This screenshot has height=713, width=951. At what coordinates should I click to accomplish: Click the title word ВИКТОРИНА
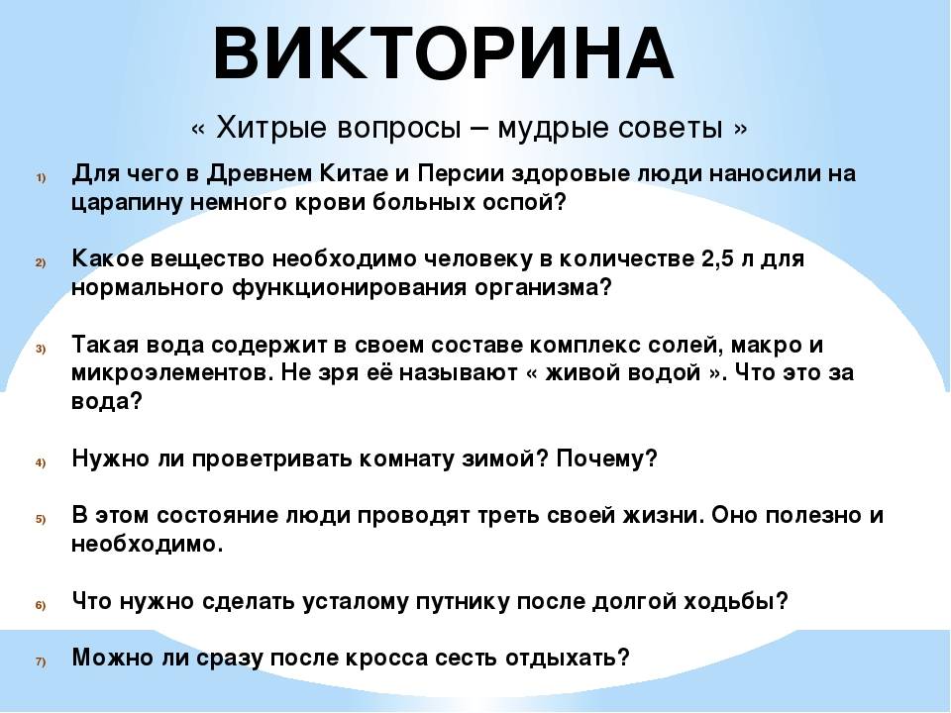[444, 53]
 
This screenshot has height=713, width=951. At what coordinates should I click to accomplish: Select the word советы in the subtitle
[671, 128]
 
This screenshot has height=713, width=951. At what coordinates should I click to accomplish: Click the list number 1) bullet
[41, 177]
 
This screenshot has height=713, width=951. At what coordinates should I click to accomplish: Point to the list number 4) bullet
[41, 462]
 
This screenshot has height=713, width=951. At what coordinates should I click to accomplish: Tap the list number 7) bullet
[41, 662]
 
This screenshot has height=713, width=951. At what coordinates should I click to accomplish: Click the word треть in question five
[508, 516]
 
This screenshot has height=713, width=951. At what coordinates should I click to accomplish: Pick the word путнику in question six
[463, 602]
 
